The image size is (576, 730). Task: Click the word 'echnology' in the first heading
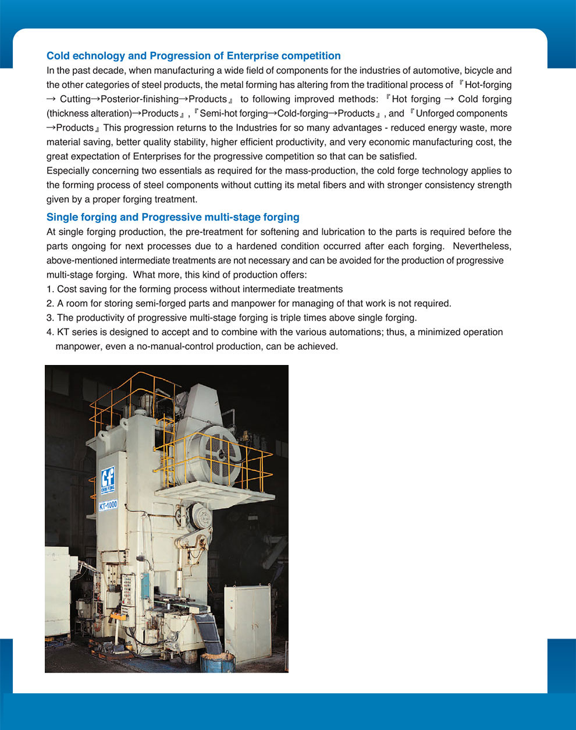(x=100, y=56)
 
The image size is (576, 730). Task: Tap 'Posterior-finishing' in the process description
(x=139, y=99)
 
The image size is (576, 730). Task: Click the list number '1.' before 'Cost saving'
(x=50, y=289)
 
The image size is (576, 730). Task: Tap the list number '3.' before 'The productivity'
(x=50, y=318)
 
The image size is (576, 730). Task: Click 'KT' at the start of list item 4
(x=63, y=332)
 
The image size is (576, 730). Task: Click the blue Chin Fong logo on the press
(x=108, y=479)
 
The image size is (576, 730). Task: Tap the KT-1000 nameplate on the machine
(x=108, y=505)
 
